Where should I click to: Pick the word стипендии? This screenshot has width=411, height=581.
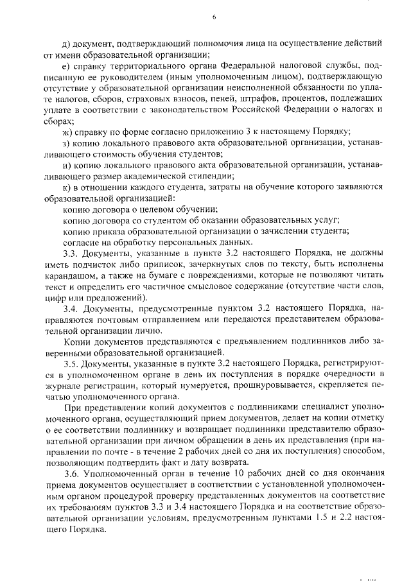pyautogui.click(x=213, y=176)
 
